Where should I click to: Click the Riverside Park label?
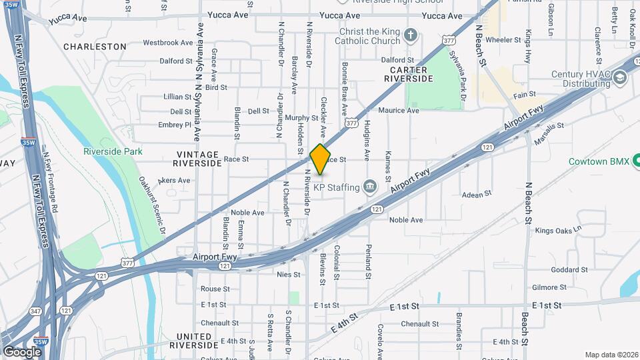(x=113, y=151)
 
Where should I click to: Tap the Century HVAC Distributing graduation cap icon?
(x=621, y=79)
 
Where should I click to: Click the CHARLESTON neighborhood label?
(x=95, y=47)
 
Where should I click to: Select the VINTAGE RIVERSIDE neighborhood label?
(x=197, y=158)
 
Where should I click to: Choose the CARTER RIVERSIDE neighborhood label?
(x=411, y=74)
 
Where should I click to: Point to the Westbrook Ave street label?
(x=168, y=43)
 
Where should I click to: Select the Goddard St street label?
(x=569, y=270)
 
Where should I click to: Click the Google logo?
(x=22, y=351)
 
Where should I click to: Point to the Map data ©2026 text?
(x=611, y=355)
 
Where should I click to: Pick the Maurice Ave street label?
(x=399, y=111)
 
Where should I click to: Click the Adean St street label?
(x=477, y=193)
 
